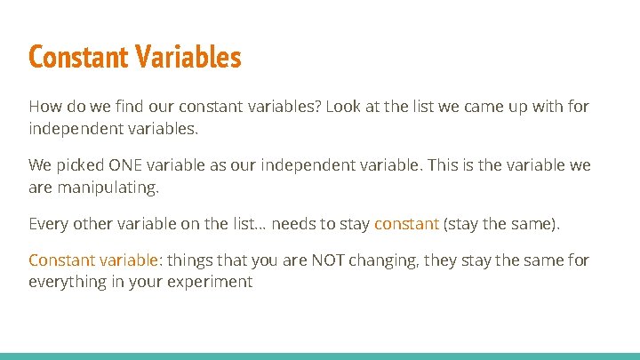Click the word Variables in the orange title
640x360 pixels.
(x=188, y=58)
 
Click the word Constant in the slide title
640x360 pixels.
(x=79, y=58)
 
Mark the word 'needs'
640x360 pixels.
(x=292, y=224)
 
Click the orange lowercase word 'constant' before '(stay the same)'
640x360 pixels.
(x=406, y=224)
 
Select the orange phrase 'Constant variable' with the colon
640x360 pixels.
(x=94, y=260)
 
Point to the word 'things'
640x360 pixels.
(x=189, y=260)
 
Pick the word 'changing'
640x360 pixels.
(x=376, y=260)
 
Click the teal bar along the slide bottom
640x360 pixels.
(x=320, y=356)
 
